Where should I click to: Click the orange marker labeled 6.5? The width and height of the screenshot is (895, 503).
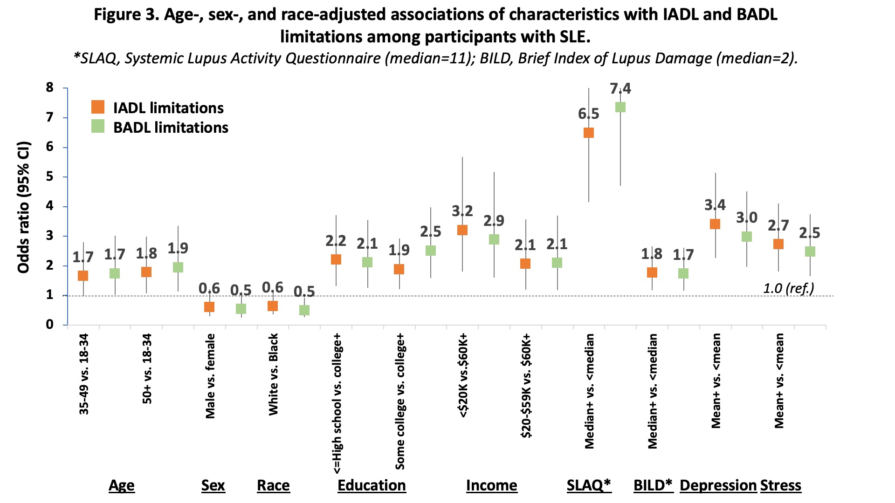589,133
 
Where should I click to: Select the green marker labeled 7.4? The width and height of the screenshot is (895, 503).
620,107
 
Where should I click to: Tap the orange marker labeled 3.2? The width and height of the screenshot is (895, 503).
462,230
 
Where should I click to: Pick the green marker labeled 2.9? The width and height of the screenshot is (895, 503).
494,239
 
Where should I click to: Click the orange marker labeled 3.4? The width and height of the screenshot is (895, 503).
715,224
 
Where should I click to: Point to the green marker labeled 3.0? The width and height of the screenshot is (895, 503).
747,237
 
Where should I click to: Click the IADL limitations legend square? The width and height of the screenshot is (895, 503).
98,107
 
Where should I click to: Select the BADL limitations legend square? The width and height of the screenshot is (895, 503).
98,127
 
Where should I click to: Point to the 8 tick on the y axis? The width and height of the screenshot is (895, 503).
50,88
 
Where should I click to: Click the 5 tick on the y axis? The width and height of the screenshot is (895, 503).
50,177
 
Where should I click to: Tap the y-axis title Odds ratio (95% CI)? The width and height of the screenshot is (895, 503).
23,207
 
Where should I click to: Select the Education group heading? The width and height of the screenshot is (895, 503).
372,485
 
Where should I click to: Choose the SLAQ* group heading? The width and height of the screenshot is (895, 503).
588,485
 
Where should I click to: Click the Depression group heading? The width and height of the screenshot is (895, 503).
718,485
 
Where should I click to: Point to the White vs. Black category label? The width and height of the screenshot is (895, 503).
273,374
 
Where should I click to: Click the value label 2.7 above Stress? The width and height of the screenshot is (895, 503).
778,226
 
